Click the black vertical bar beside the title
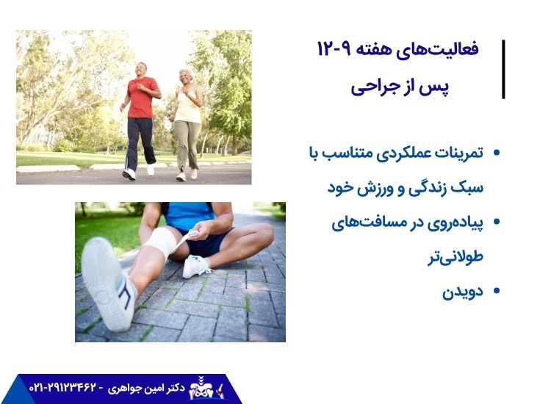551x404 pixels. tap(503, 69)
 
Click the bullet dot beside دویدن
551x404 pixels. tap(497, 292)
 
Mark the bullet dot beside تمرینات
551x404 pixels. tap(497, 154)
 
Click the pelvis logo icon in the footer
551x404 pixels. tap(201, 387)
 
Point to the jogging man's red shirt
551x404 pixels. tap(142, 97)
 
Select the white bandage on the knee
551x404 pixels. tap(163, 242)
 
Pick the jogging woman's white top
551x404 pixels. tap(188, 107)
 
